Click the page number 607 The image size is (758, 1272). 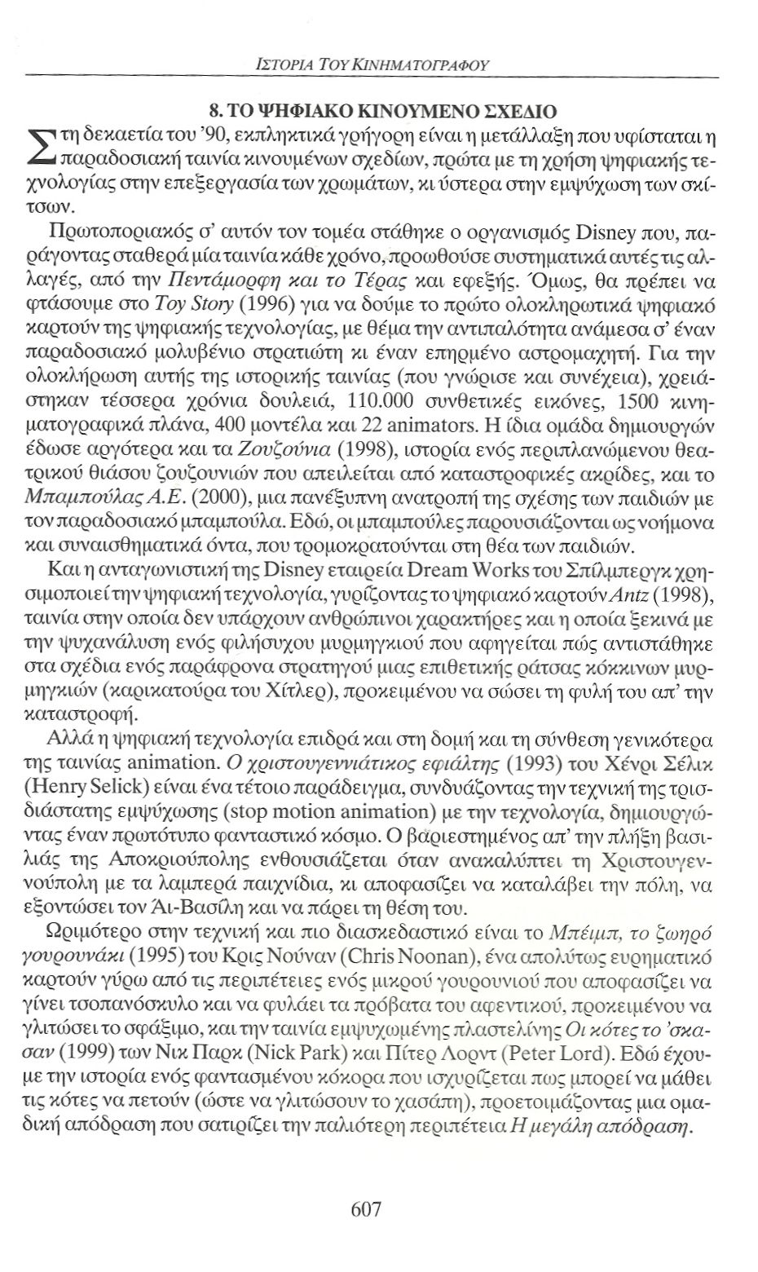click(366, 1208)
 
